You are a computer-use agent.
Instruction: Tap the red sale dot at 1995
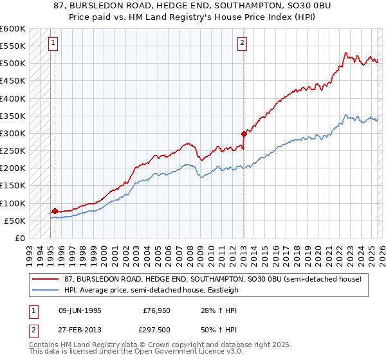[55, 211]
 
